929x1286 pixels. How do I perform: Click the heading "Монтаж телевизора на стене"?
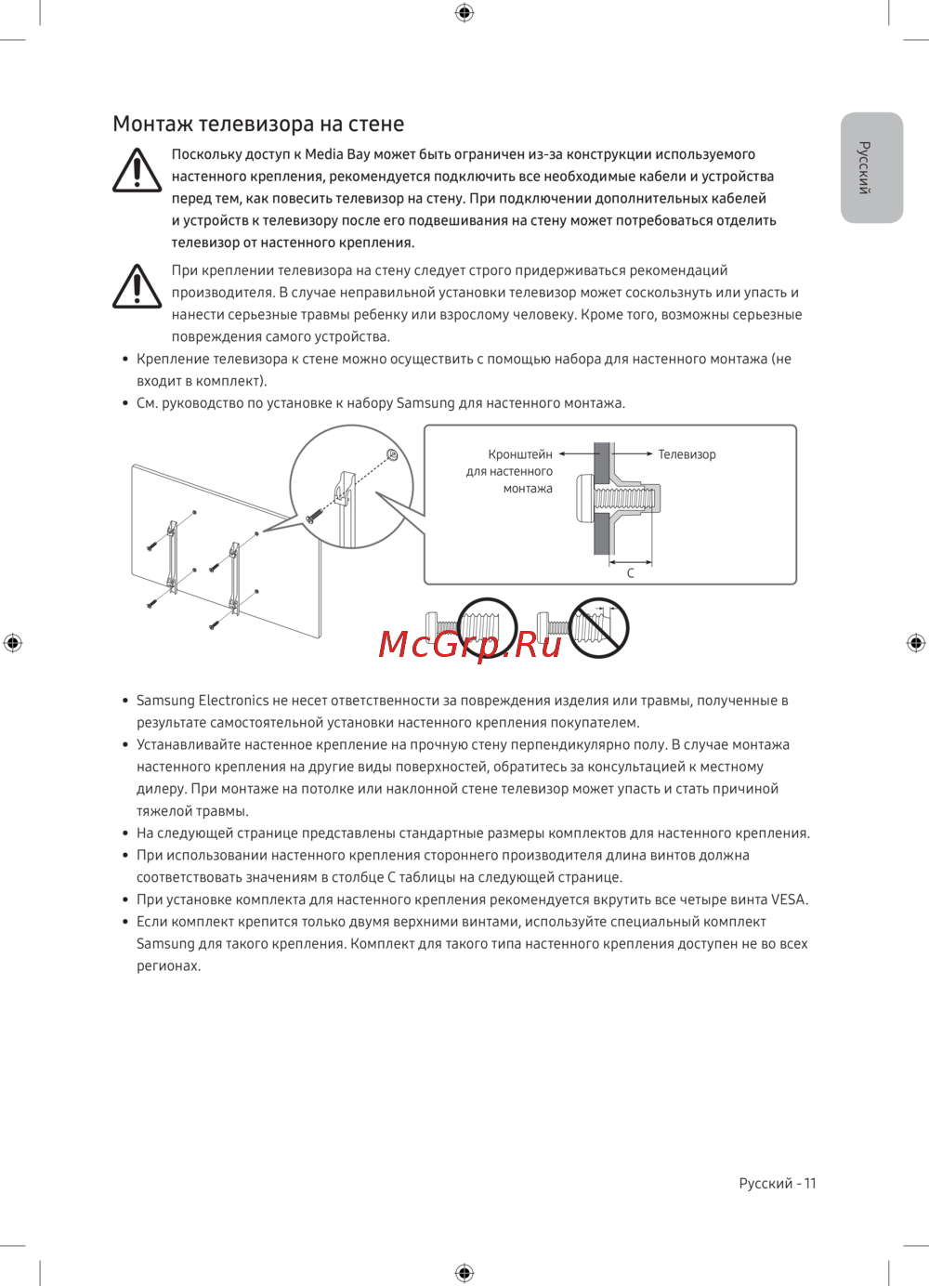pos(258,125)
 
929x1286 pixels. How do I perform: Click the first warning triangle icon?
pos(137,172)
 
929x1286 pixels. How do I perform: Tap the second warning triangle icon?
pos(137,286)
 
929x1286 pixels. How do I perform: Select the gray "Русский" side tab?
pos(871,168)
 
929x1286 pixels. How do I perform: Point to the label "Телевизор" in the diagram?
pos(687,454)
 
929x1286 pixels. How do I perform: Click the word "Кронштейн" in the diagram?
pos(520,454)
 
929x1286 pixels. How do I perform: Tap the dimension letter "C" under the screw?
pos(631,573)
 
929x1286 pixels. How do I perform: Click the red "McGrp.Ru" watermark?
pos(470,643)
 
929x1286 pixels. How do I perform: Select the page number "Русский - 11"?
pos(777,1183)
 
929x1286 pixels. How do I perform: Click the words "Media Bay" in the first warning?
pos(337,154)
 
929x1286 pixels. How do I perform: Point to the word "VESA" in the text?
pos(788,899)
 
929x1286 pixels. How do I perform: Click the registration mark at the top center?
pos(464,12)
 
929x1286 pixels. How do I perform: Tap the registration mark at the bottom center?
pos(464,1272)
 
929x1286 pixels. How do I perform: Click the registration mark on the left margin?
pos(13,642)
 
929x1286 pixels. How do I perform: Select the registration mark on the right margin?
pos(916,642)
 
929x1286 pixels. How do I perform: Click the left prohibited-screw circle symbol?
pos(487,627)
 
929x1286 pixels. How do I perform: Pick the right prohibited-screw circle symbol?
pos(599,627)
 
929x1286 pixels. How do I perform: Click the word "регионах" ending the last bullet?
pos(167,966)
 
